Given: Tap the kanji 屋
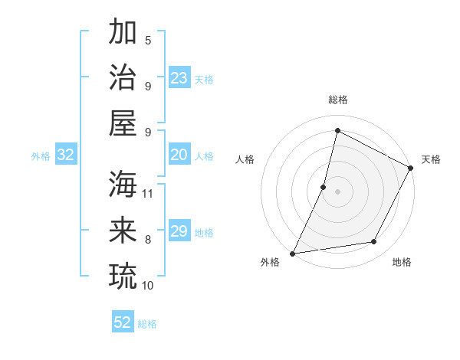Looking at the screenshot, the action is click(123, 123).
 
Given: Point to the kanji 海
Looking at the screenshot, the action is click(123, 185).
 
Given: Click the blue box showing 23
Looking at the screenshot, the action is click(179, 77).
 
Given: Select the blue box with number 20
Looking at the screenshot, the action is click(179, 155).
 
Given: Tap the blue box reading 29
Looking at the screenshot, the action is click(179, 231).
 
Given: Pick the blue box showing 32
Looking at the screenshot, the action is click(66, 155).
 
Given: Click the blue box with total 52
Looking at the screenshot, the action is click(123, 322).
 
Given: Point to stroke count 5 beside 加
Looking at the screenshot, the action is click(148, 40).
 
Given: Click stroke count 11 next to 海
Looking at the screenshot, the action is click(149, 193).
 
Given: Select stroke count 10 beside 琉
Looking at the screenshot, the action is click(149, 285).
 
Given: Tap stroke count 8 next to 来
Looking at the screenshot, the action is click(148, 240).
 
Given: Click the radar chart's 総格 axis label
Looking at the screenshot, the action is click(337, 100).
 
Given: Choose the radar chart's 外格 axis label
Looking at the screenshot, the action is click(270, 262).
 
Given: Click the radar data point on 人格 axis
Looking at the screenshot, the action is click(324, 187).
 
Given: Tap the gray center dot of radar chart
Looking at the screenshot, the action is click(337, 191).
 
